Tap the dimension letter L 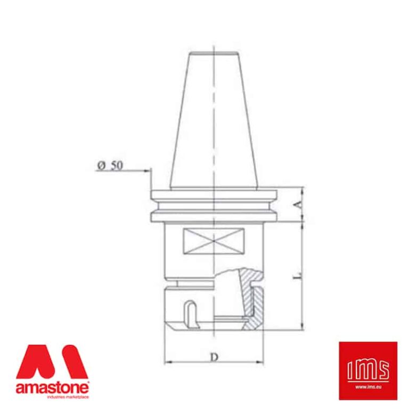point(299,275)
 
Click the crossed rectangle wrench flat point(213,241)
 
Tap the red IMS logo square point(368,370)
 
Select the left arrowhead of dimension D point(166,362)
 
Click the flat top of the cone point(213,52)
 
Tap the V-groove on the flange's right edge point(275,203)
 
